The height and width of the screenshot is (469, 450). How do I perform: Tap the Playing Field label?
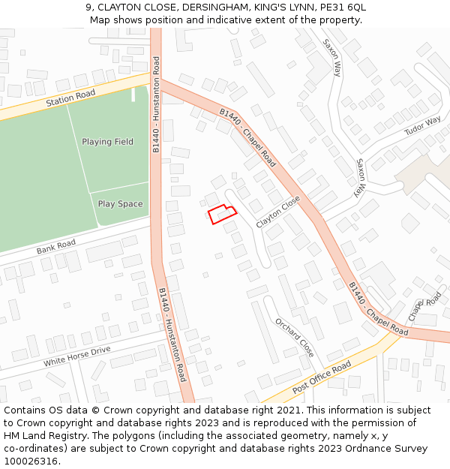107,142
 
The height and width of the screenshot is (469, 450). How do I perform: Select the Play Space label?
120,204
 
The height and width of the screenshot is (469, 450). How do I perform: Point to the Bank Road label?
56,245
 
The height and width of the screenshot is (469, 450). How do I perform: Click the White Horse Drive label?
76,356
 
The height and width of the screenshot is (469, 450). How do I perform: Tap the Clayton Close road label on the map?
277,212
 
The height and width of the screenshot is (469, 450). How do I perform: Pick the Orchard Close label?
294,338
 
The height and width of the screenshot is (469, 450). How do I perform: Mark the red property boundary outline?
222,214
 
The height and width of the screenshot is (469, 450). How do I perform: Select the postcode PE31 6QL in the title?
342,8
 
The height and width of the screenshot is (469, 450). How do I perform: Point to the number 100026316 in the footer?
32,461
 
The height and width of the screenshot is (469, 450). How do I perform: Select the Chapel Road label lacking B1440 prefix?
424,307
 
